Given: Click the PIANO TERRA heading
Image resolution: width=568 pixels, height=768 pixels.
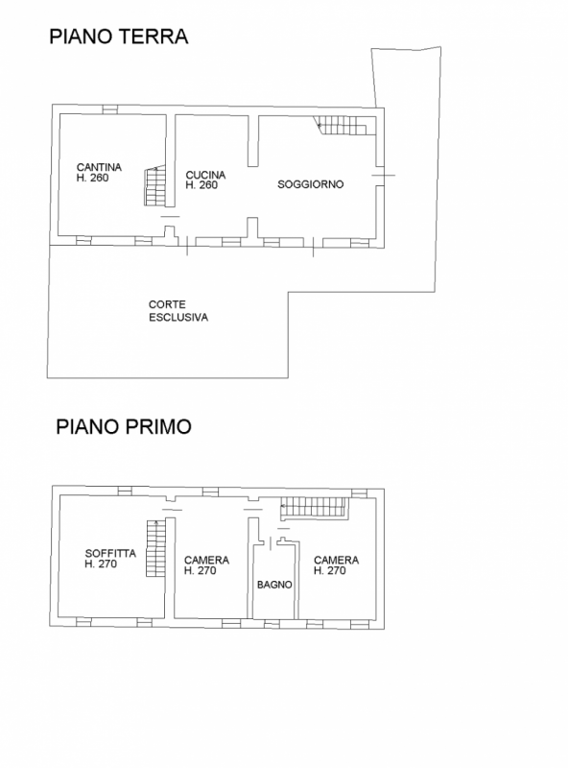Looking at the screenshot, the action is (119, 36).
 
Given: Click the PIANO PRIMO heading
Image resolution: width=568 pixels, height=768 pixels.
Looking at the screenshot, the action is (124, 426).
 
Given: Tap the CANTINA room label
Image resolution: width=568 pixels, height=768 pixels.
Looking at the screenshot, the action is (99, 167).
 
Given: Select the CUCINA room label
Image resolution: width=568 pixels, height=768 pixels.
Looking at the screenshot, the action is (205, 175).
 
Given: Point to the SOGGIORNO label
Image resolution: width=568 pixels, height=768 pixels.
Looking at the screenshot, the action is (311, 184).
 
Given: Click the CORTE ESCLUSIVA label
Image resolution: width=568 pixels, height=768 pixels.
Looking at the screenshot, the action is (178, 311).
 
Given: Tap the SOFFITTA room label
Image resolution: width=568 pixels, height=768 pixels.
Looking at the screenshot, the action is (110, 554).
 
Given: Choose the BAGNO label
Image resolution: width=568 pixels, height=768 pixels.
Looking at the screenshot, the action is (274, 585).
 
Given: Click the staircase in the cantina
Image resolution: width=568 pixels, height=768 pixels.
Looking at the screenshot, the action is (154, 185).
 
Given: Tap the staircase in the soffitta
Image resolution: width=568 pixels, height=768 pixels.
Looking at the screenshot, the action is (156, 548).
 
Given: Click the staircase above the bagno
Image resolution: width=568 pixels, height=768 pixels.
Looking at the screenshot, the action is (314, 508).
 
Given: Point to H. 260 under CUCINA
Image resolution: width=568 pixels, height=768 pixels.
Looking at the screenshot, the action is (201, 185).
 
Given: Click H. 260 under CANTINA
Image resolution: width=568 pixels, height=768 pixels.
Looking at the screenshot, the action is (92, 178).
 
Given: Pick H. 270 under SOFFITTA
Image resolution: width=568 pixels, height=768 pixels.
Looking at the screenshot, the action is (101, 564).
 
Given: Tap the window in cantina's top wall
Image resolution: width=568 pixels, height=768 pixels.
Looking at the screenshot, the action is (109, 109).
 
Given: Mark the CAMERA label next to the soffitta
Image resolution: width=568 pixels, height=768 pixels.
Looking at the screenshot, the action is (206, 560).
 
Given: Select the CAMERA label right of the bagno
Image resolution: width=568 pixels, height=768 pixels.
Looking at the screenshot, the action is (337, 560).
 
